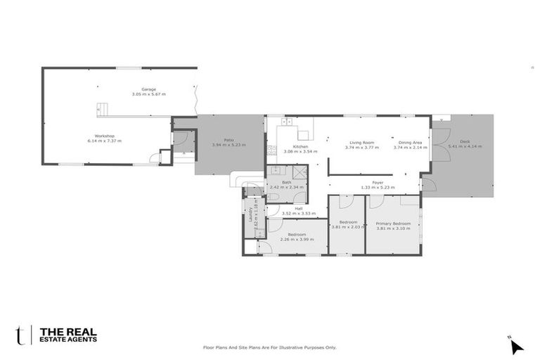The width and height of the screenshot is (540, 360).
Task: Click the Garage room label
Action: point(148,89)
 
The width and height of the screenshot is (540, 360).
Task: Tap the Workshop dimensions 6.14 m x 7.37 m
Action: point(104,141)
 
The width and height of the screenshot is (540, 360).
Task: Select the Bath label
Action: point(287,182)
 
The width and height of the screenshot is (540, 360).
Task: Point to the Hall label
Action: point(298,208)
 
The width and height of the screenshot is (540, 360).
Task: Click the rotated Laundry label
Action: point(251,213)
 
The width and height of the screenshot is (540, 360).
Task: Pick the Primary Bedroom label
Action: point(393,224)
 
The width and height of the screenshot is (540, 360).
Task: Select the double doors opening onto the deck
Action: point(441,144)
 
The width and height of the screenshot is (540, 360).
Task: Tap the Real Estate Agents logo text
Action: point(68,335)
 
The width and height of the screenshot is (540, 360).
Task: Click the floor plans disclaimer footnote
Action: point(270,347)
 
